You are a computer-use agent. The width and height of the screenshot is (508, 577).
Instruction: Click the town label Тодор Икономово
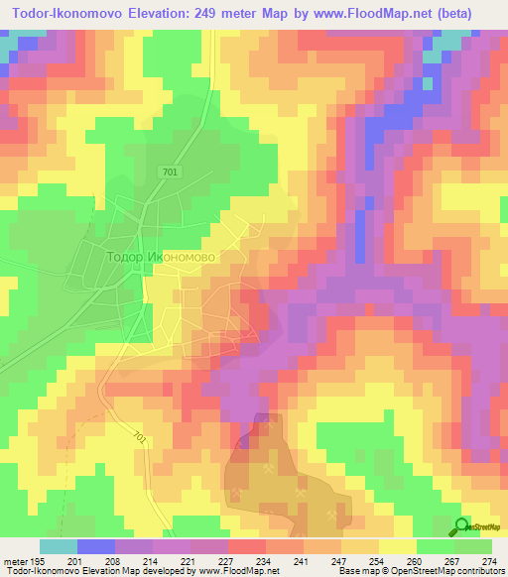[x=160, y=256]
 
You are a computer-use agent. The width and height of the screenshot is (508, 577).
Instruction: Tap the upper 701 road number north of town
[x=171, y=173]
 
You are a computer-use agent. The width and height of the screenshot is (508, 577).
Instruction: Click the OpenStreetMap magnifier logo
[x=461, y=528]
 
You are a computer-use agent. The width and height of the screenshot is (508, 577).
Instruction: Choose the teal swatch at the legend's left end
[x=58, y=546]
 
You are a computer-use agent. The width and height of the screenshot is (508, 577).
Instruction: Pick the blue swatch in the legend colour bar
[x=96, y=546]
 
